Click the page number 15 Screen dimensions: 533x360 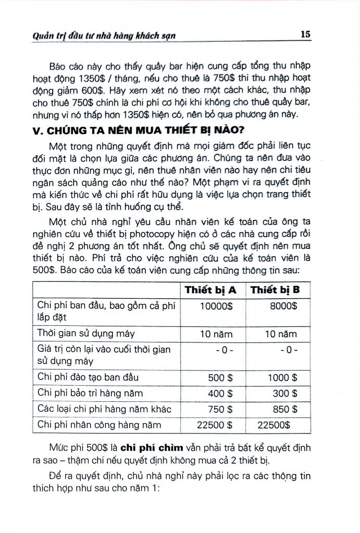point(306,34)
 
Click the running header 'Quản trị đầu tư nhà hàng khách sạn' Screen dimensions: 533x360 point(97,35)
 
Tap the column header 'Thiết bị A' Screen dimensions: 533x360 point(210,290)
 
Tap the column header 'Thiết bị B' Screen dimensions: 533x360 point(278,290)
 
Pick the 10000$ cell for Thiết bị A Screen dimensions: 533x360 point(216,306)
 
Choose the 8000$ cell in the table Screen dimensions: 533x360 point(283,306)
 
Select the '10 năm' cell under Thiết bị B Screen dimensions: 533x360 point(281,334)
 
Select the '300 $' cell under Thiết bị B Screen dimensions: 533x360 point(285,394)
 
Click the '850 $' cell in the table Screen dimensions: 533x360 point(285,410)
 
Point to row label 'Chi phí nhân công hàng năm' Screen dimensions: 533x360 point(100,425)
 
